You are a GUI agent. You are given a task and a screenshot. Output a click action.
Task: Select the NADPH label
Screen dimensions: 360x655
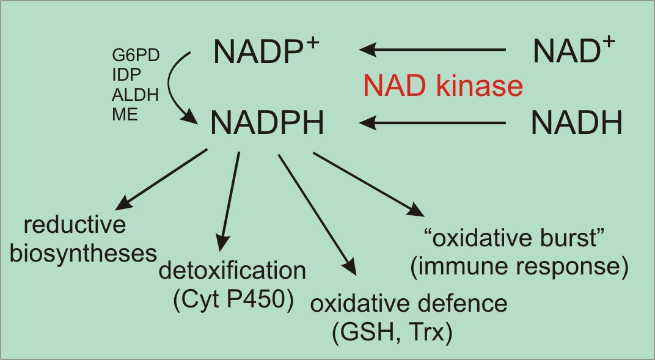tap(266, 124)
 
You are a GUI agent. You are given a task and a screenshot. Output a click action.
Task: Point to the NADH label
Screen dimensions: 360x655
tap(576, 124)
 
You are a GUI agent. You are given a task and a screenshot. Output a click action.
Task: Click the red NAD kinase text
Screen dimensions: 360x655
tap(443, 86)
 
